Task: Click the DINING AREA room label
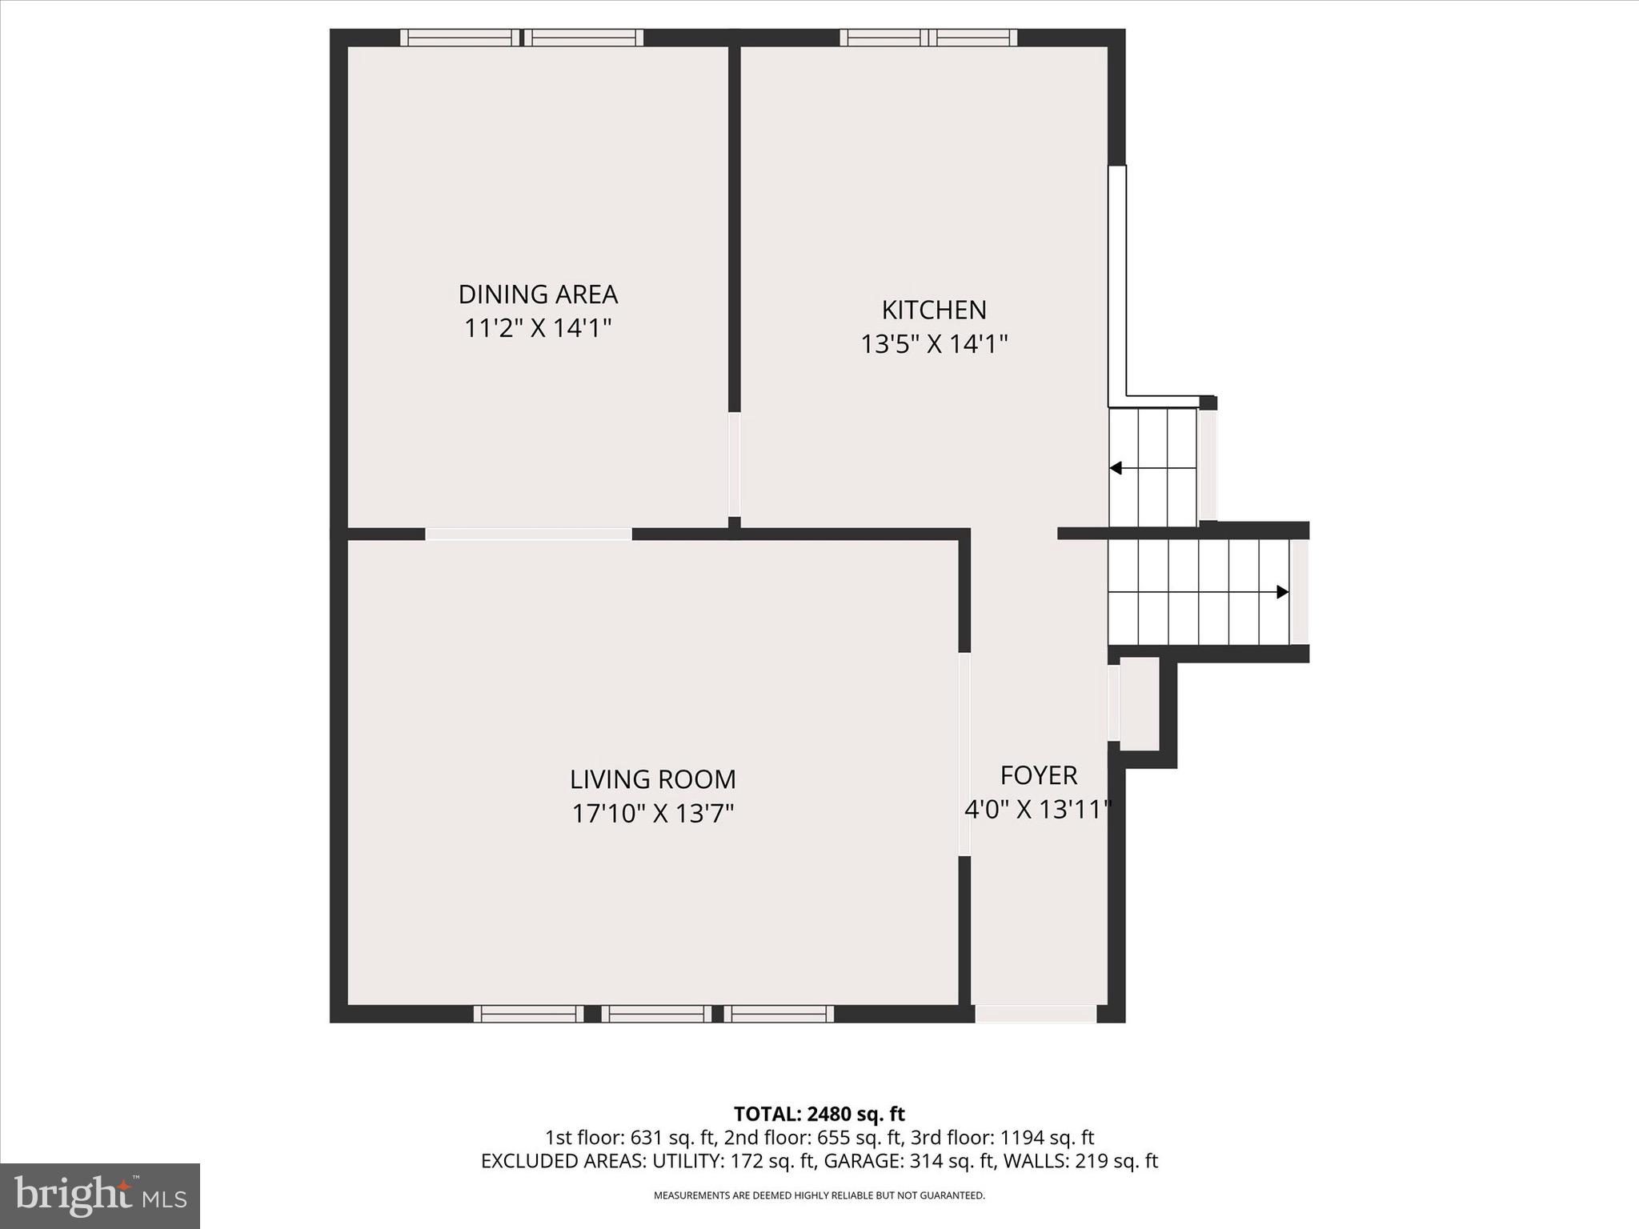(538, 294)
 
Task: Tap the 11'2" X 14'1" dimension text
(538, 328)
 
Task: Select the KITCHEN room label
(934, 310)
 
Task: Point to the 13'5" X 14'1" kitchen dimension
(934, 344)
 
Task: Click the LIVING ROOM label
(653, 779)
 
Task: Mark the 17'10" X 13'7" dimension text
(653, 814)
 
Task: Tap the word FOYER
(1039, 775)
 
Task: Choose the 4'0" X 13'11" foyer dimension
(1038, 810)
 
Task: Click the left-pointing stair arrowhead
(1116, 468)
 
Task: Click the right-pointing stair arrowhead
(1282, 592)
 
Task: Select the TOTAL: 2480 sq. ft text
(819, 1114)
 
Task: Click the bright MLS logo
(100, 1195)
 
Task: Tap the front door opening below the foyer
(1036, 1015)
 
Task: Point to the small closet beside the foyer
(1139, 703)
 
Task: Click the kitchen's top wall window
(928, 38)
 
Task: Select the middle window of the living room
(656, 1014)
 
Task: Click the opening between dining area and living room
(528, 534)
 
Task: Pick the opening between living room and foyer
(964, 755)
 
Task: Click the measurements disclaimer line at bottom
(819, 1195)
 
